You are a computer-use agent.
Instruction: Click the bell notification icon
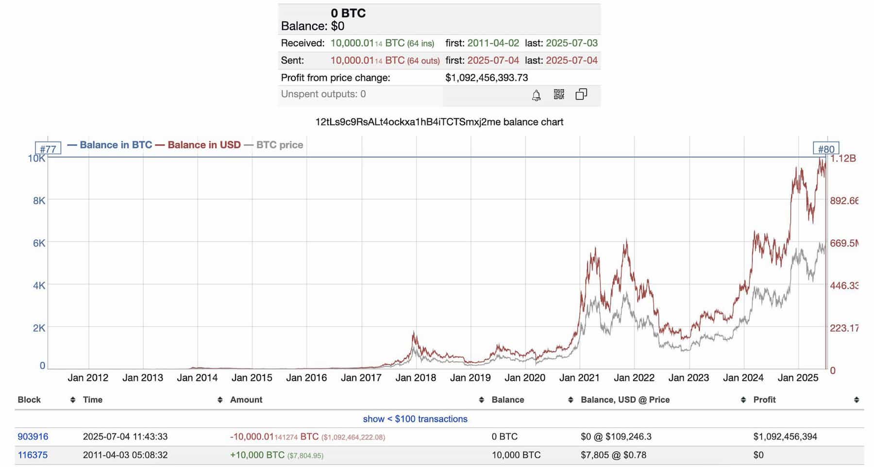click(536, 95)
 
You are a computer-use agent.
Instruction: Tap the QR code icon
click(559, 94)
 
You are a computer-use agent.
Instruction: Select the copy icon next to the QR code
click(581, 94)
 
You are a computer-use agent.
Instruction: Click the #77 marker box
click(48, 149)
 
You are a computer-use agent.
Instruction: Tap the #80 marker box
click(826, 149)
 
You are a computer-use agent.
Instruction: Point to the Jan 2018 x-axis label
click(415, 378)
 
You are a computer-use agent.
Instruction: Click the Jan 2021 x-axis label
click(579, 378)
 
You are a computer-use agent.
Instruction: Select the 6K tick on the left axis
click(39, 243)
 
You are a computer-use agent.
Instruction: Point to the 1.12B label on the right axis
click(843, 158)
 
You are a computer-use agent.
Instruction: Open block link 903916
click(33, 436)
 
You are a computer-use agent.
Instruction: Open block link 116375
click(33, 455)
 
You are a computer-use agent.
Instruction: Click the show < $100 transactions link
click(415, 419)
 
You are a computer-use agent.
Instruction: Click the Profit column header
click(764, 400)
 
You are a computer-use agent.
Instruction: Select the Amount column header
click(246, 400)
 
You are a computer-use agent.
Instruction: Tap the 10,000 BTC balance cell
click(516, 455)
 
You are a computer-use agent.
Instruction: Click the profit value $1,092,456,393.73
click(487, 78)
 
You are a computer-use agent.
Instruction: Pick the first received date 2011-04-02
click(493, 43)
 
